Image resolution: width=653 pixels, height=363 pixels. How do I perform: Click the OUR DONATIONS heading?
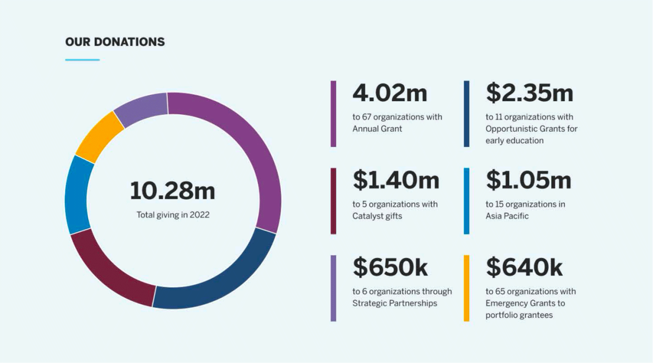pyautogui.click(x=115, y=41)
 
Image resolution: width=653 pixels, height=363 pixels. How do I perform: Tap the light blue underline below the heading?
pyautogui.click(x=82, y=60)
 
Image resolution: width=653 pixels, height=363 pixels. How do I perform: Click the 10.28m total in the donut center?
pyautogui.click(x=173, y=191)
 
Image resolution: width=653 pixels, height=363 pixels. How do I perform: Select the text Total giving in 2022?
pyautogui.click(x=173, y=215)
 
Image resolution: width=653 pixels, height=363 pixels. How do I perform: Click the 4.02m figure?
pyautogui.click(x=390, y=93)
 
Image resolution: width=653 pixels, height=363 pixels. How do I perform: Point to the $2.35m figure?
pyautogui.click(x=529, y=93)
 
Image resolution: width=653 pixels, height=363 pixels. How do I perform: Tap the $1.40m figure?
pyautogui.click(x=396, y=180)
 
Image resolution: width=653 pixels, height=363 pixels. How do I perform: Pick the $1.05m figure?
pyautogui.click(x=528, y=180)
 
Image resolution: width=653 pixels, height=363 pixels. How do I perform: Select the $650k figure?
pyautogui.click(x=390, y=267)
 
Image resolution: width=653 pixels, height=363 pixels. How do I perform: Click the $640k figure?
pyautogui.click(x=524, y=267)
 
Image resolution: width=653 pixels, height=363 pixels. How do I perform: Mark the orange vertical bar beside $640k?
pyautogui.click(x=466, y=288)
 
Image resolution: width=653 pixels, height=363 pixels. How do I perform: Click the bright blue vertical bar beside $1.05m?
pyautogui.click(x=466, y=201)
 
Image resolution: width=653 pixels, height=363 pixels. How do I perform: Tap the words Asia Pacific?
pyautogui.click(x=507, y=216)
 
